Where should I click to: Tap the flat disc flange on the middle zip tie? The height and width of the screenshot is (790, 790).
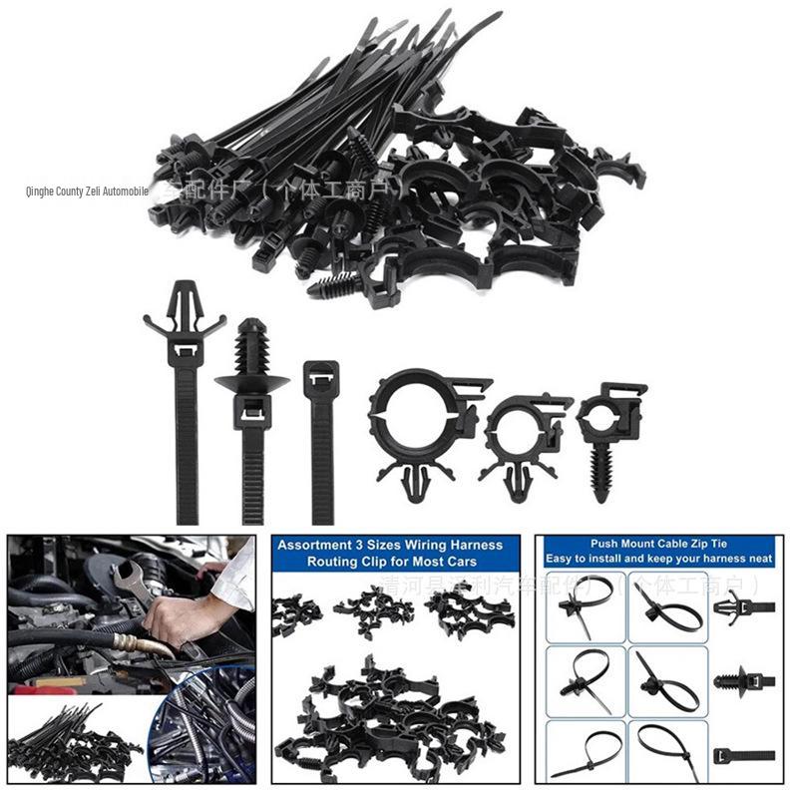[x=251, y=383]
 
